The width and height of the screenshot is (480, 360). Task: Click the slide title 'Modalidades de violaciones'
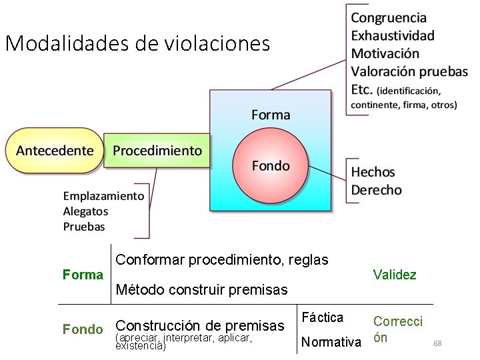pos(137,44)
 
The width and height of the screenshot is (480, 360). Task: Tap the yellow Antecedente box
pos(55,151)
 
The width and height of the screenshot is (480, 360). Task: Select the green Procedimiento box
pos(157,151)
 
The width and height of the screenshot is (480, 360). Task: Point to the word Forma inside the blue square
pos(271,115)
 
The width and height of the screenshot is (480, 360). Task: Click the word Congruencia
pos(389,18)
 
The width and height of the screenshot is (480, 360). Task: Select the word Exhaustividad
pos(393,35)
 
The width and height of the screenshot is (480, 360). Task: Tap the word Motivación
pos(385,53)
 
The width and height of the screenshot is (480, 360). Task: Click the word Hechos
pos(373,172)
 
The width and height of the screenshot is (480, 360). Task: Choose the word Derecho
pos(377,190)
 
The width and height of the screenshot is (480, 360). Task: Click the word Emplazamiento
pos(103,196)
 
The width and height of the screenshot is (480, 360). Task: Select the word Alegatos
pos(85,211)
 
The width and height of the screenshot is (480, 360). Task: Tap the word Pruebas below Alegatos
pos(84,227)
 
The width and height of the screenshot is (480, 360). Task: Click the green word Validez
pos(395,275)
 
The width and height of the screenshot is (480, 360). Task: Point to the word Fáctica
pos(323,317)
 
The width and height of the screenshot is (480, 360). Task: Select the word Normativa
pos(331,343)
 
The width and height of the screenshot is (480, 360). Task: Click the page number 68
pos(437,343)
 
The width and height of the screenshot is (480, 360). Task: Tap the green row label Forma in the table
pos(83,275)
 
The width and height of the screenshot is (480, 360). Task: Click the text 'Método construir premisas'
pos(201,290)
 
